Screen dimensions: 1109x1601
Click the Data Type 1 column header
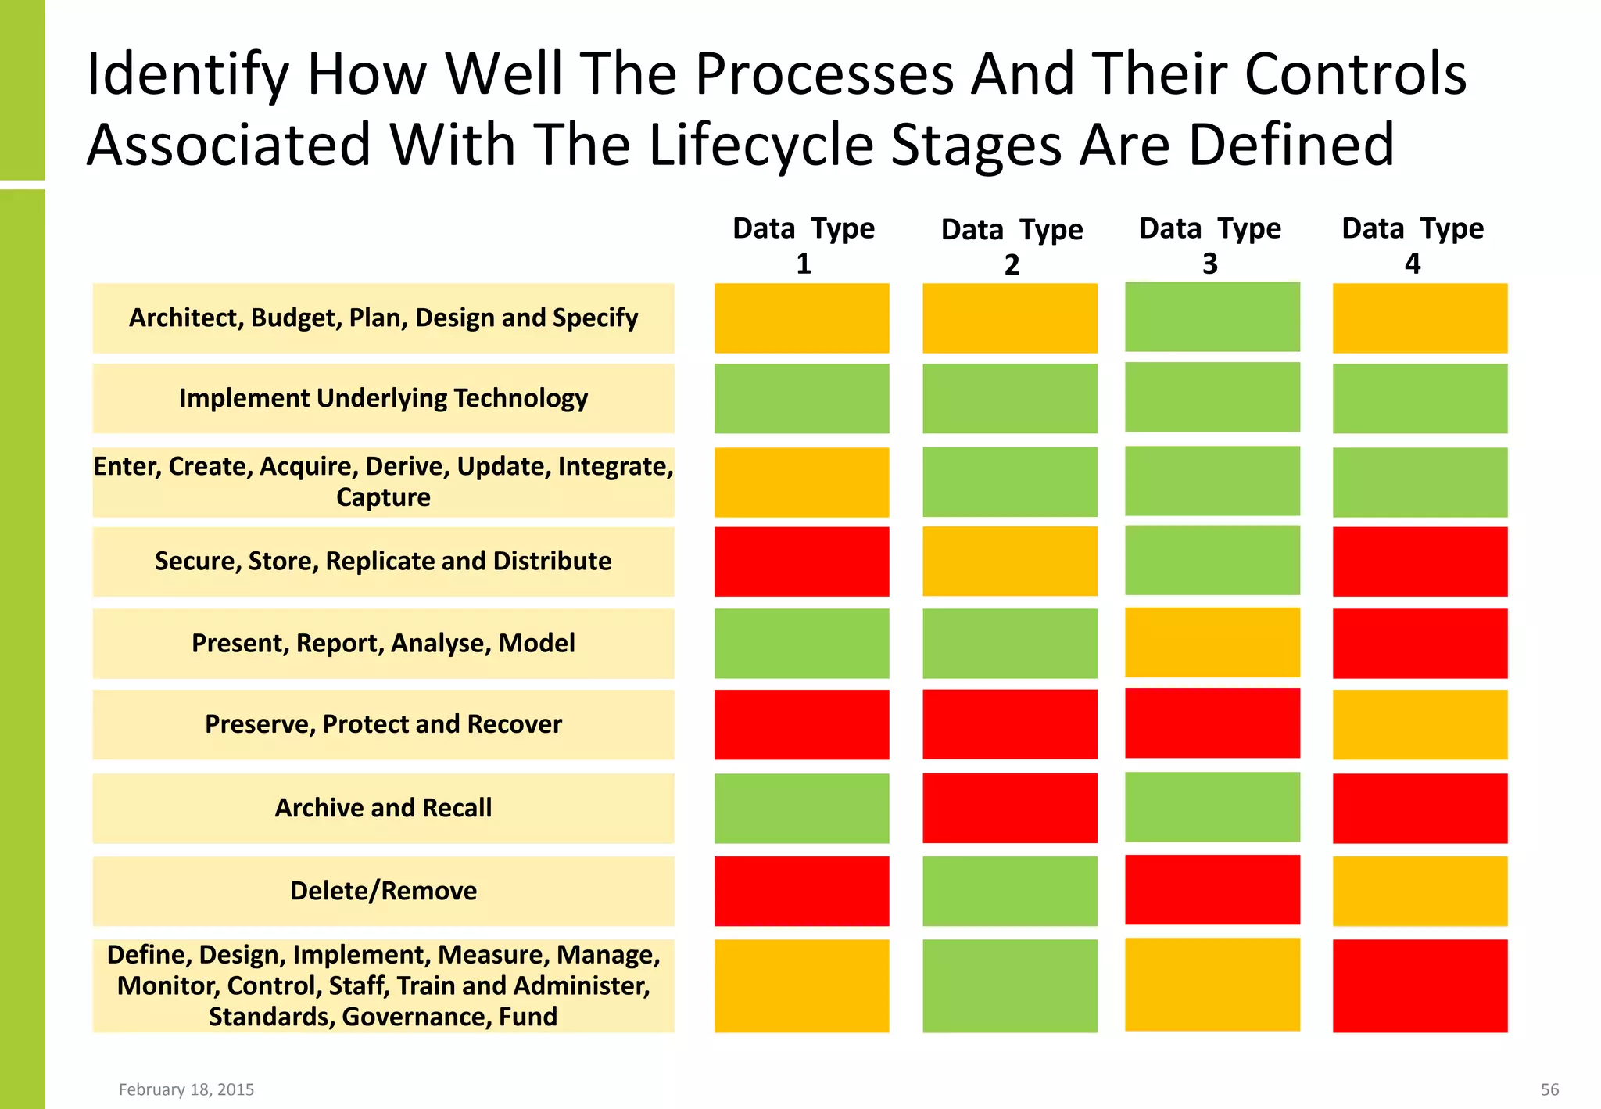pos(803,245)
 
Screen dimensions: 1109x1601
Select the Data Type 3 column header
pos(1210,245)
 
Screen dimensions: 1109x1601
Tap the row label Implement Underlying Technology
pos(383,398)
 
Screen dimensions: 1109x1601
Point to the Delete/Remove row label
pos(383,891)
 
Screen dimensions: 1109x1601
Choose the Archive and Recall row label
pos(383,808)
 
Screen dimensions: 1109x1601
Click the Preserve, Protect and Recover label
pos(383,724)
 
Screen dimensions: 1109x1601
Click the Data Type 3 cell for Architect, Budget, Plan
pos(1212,317)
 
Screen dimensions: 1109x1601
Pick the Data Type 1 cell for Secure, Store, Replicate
pos(801,562)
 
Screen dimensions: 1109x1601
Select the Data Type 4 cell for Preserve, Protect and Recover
pos(1420,724)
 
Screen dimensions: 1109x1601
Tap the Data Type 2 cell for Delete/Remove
pos(1009,891)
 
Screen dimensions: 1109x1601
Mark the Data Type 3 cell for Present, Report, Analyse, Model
pos(1212,642)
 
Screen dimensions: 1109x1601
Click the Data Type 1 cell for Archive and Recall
pos(801,808)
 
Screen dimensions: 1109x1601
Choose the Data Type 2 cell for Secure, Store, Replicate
pos(1009,562)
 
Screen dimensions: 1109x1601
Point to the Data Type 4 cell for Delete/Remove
pos(1420,891)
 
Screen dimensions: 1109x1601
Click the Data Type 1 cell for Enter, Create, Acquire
pos(801,482)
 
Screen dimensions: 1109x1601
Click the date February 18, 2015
pos(186,1089)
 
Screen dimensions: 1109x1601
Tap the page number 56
pos(1549,1089)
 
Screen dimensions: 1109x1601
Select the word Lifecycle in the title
pos(761,145)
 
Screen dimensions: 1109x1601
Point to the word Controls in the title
pos(1355,74)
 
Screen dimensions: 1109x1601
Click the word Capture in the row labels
pos(383,497)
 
